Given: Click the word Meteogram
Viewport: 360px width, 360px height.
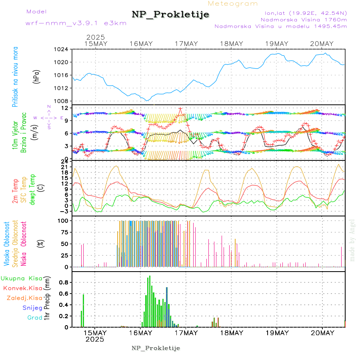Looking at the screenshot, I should point(233,4).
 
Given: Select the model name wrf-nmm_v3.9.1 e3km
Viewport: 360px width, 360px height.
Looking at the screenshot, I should point(76,23).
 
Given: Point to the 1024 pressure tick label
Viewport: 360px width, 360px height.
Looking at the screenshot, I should point(62,49).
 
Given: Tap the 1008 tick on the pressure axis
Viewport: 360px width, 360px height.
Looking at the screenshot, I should point(62,101).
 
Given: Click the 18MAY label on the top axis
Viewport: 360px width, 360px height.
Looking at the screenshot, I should point(232,44).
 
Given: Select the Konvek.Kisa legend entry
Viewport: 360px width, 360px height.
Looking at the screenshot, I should point(22,288).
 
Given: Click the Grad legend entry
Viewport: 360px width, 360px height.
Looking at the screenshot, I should point(35,318).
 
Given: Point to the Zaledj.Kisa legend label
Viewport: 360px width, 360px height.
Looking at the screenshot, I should point(24,298).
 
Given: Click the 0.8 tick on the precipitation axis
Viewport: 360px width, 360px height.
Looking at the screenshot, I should point(64,282).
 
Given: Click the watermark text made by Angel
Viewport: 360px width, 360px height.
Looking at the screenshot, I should point(352,240).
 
